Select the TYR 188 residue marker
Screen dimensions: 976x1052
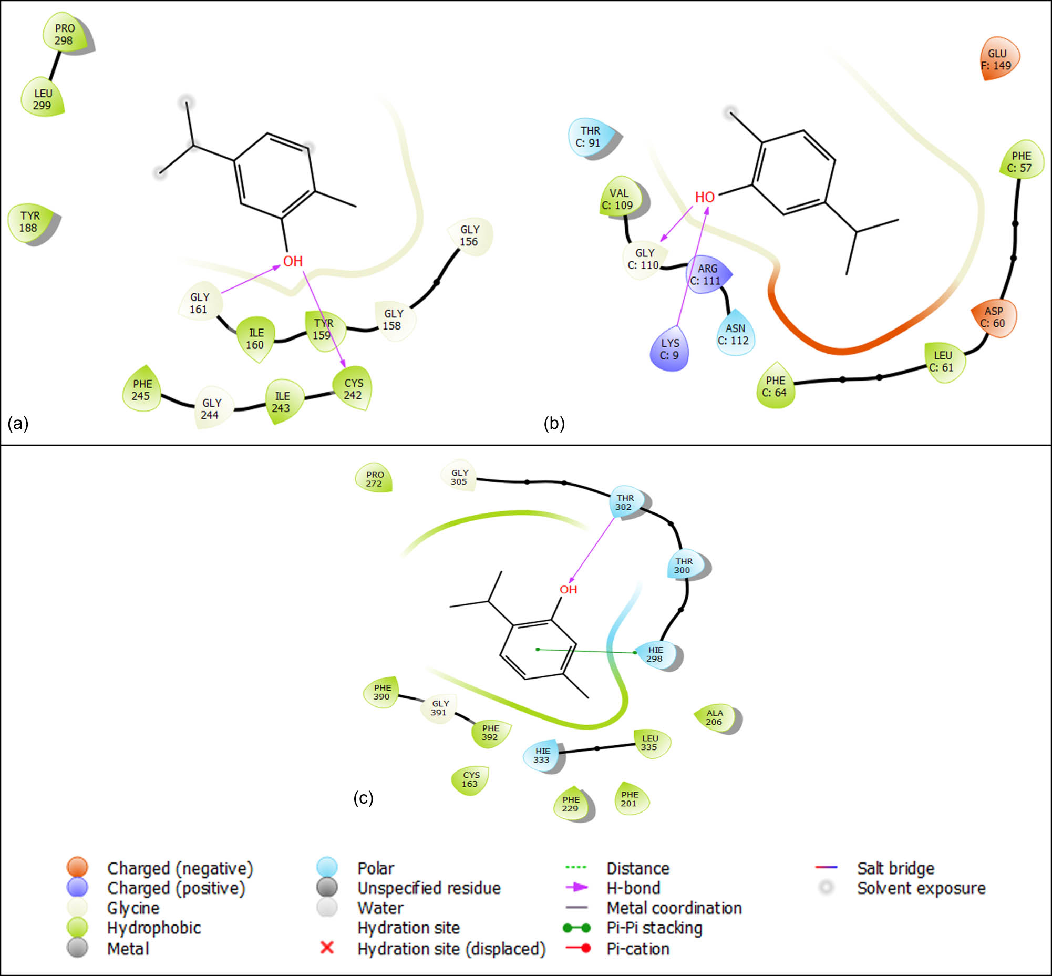point(30,222)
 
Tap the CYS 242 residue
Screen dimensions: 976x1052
point(353,389)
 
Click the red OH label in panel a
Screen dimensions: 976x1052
point(293,261)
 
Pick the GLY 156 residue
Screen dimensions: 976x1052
point(469,235)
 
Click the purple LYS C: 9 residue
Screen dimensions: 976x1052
point(669,349)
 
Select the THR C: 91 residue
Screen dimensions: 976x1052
point(590,137)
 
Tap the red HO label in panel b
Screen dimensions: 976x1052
point(705,198)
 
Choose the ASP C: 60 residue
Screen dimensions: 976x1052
point(993,317)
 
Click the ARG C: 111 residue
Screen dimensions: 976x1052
point(706,275)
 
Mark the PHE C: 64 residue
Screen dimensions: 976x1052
point(775,386)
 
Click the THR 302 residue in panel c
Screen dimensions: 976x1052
point(625,502)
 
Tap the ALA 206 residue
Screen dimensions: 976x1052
point(715,717)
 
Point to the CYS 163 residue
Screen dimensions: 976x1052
point(470,779)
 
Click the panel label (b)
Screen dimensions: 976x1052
point(554,423)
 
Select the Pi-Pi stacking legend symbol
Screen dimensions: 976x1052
point(576,928)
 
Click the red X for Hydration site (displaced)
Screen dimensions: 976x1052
point(327,948)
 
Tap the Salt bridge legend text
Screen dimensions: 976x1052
point(896,868)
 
